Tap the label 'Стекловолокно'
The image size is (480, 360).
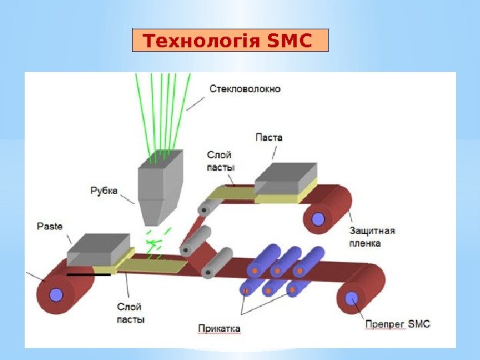click(245, 88)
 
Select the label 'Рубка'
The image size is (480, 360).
click(104, 191)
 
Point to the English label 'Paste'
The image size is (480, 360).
click(49, 226)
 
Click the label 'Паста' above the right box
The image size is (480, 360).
click(269, 137)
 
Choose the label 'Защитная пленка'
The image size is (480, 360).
click(372, 237)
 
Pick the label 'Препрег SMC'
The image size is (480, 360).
click(397, 324)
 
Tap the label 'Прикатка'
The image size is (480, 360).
click(219, 328)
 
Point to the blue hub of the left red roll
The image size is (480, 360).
click(56, 294)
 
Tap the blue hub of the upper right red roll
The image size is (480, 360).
click(318, 217)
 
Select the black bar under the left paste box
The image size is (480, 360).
click(89, 274)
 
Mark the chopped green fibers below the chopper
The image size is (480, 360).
click(156, 243)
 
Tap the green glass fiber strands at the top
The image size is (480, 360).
click(162, 110)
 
